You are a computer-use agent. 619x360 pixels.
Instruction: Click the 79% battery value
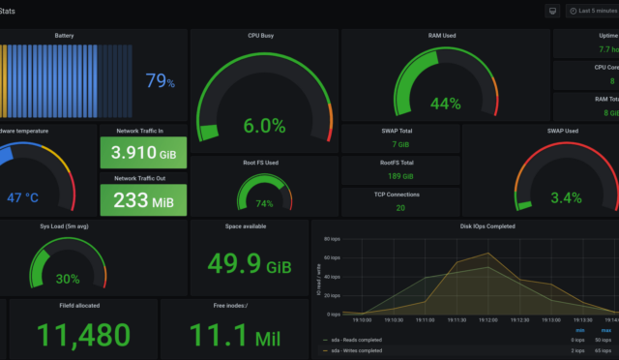click(161, 82)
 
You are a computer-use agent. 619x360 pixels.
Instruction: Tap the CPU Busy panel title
click(264, 35)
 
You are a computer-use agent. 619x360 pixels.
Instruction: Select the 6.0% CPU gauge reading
click(264, 125)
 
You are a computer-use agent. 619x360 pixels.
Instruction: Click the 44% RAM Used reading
click(445, 104)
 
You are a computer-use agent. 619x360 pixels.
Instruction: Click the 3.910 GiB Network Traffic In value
click(143, 153)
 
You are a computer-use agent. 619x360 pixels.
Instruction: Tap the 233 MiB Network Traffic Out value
click(143, 199)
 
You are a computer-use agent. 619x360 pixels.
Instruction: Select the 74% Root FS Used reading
click(264, 204)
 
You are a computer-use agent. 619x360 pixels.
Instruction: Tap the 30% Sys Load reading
click(68, 279)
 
